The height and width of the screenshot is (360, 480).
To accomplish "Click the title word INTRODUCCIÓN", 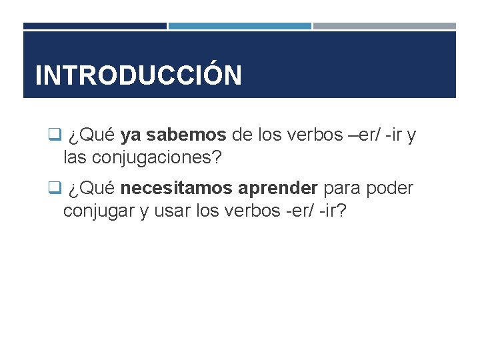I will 138,75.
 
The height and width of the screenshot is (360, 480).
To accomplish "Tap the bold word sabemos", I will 186,135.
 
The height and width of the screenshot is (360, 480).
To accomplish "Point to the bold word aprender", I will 282,189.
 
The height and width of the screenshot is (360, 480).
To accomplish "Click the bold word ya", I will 131,135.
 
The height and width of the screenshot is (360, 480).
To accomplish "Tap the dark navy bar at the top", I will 95,26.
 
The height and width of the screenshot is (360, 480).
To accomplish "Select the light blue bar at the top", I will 239,26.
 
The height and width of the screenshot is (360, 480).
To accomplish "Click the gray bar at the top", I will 384,26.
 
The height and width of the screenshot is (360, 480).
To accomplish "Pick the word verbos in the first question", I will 314,135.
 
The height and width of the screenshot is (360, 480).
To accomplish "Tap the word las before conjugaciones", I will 76,158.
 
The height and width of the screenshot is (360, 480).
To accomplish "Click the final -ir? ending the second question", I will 331,211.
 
